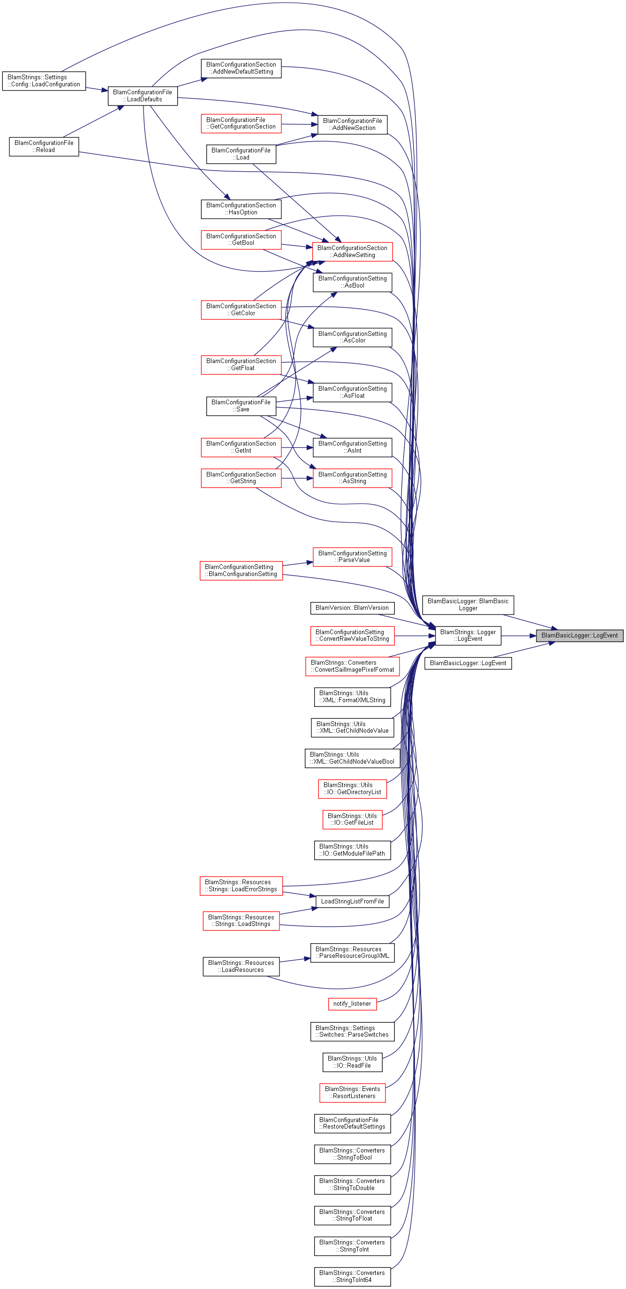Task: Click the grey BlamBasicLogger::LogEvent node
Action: pyautogui.click(x=580, y=636)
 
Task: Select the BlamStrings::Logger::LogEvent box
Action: pyautogui.click(x=468, y=636)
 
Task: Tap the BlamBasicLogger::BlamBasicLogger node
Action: pyautogui.click(x=468, y=605)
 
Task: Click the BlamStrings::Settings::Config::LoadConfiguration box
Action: pyautogui.click(x=44, y=81)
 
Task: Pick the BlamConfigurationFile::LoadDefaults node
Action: pyautogui.click(x=143, y=96)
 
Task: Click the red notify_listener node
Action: pyautogui.click(x=352, y=1004)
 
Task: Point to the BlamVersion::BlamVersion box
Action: pyautogui.click(x=352, y=608)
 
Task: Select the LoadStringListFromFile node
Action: pyautogui.click(x=352, y=902)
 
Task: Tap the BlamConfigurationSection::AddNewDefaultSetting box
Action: pyautogui.click(x=241, y=68)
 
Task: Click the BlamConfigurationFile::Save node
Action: pyautogui.click(x=241, y=406)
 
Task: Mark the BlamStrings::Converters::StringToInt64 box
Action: pyautogui.click(x=352, y=1276)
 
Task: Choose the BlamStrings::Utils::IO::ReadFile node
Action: pyautogui.click(x=352, y=1062)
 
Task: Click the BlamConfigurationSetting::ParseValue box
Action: pyautogui.click(x=352, y=557)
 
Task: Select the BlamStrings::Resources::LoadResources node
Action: pyautogui.click(x=241, y=967)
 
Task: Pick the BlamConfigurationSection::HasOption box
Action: pyautogui.click(x=241, y=209)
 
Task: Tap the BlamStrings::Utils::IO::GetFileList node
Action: pyautogui.click(x=352, y=819)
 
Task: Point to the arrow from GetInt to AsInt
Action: pyautogui.click(x=297, y=447)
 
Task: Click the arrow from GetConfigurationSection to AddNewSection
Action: pyautogui.click(x=300, y=124)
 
